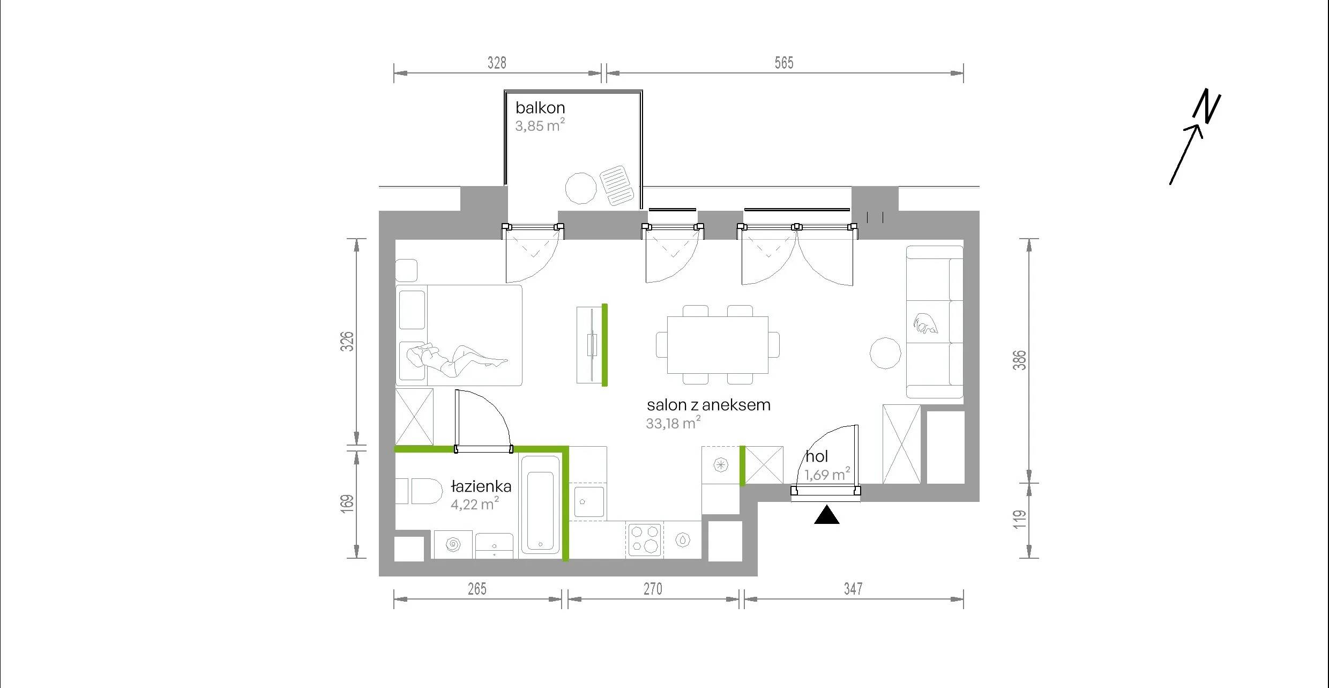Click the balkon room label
click(x=540, y=108)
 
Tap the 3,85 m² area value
click(x=540, y=125)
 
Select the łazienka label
click(x=481, y=486)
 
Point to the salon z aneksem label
click(x=708, y=405)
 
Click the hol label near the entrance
click(x=817, y=456)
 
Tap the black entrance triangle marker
click(x=826, y=514)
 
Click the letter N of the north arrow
click(x=1207, y=106)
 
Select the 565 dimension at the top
click(x=783, y=63)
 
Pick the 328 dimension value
click(x=497, y=63)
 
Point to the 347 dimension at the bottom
click(x=853, y=589)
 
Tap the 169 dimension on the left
click(x=347, y=504)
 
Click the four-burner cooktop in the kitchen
click(x=644, y=539)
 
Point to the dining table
click(x=718, y=345)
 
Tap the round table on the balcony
click(x=581, y=188)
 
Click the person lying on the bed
click(x=456, y=357)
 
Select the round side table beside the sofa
click(x=885, y=353)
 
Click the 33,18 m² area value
click(x=673, y=423)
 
